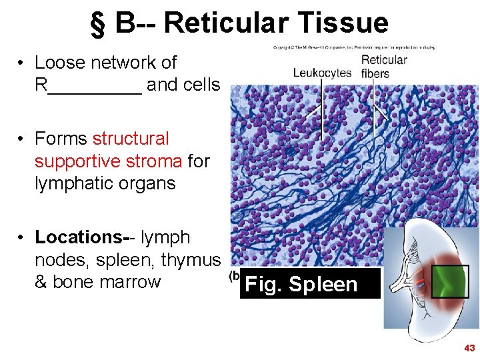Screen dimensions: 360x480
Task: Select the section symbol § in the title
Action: click(x=99, y=24)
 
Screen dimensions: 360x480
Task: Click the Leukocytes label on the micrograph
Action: click(x=322, y=73)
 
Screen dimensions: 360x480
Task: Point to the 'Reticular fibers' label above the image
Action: click(x=384, y=67)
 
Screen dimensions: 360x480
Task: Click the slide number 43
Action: click(x=469, y=348)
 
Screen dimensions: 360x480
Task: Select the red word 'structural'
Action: click(x=131, y=139)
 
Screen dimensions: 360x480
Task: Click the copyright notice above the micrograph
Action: click(x=353, y=48)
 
